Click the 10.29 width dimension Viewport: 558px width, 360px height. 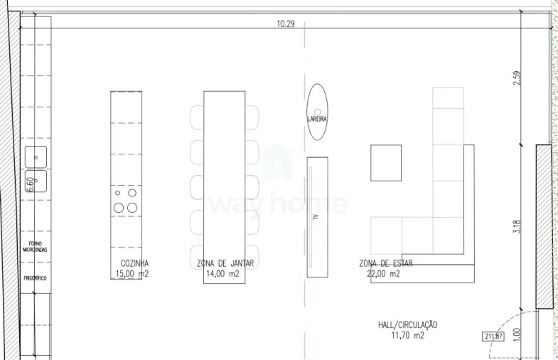pyautogui.click(x=286, y=23)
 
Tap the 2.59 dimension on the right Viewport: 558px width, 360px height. pyautogui.click(x=517, y=77)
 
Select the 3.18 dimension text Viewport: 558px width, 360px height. pyautogui.click(x=517, y=226)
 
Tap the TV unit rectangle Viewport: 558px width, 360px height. pyautogui.click(x=317, y=217)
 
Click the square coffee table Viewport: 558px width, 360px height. pyautogui.click(x=386, y=162)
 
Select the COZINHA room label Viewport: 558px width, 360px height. pyautogui.click(x=134, y=263)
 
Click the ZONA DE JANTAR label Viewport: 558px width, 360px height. pyautogui.click(x=225, y=263)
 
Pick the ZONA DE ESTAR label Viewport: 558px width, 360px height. pyautogui.click(x=386, y=263)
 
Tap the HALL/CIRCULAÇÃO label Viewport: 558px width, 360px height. pyautogui.click(x=408, y=325)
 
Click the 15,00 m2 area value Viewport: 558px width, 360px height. pyautogui.click(x=132, y=273)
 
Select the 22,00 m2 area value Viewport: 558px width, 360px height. pyautogui.click(x=384, y=273)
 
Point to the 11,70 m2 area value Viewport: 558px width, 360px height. pyautogui.click(x=407, y=335)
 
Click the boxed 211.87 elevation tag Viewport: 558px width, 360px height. pyautogui.click(x=493, y=337)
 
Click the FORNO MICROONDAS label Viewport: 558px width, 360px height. pyautogui.click(x=35, y=247)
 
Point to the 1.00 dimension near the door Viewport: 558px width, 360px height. pyautogui.click(x=517, y=333)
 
